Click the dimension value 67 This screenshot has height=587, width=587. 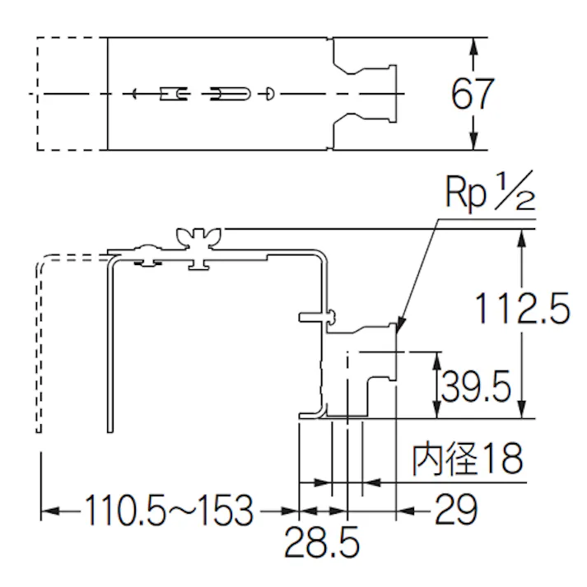click(472, 95)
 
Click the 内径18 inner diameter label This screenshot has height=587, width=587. click(467, 459)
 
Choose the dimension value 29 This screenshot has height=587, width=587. click(455, 511)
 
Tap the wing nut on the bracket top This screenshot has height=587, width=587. click(198, 240)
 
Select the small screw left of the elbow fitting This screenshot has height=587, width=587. click(316, 314)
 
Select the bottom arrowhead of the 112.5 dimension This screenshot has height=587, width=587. click(520, 411)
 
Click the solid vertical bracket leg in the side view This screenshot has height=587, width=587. click(110, 346)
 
